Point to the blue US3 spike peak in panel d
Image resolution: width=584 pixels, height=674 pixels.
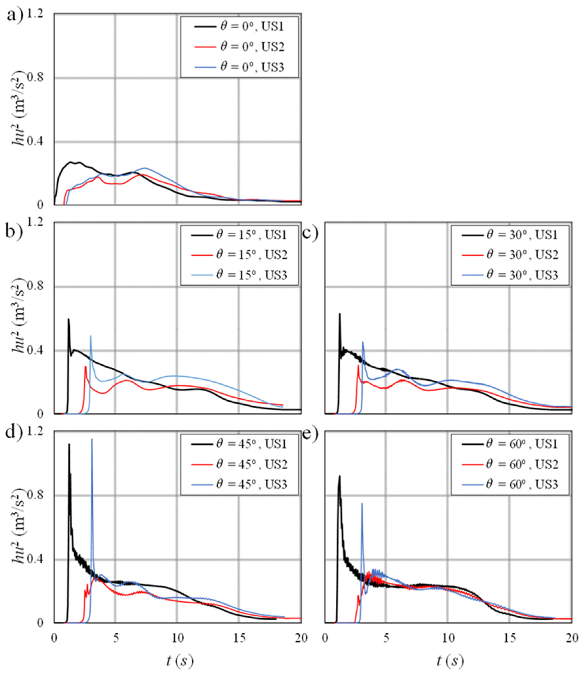pos(92,439)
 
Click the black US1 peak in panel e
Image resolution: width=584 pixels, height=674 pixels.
pos(340,476)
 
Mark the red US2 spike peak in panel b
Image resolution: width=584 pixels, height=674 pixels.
pos(85,366)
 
